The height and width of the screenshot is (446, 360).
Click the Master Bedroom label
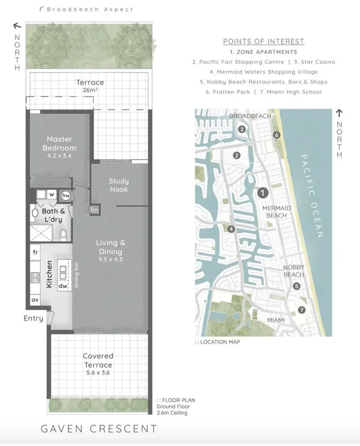click(60, 143)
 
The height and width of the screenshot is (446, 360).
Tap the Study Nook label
click(119, 185)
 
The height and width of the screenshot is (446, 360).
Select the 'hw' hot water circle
click(66, 196)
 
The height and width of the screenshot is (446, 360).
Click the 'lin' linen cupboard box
click(94, 210)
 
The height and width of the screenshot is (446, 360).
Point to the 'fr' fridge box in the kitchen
click(35, 252)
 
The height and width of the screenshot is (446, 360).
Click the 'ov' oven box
click(35, 300)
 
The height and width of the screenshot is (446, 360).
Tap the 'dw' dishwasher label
click(63, 286)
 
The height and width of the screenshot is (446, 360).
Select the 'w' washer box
click(52, 195)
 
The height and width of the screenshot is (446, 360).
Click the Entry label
click(33, 318)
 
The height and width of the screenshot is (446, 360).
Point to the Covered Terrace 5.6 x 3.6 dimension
click(98, 373)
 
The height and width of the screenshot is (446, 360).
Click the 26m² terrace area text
click(90, 90)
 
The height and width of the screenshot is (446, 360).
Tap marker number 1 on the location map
click(262, 193)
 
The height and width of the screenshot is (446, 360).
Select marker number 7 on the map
click(301, 310)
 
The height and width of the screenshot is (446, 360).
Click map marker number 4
click(231, 229)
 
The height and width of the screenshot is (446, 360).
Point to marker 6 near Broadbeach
click(276, 135)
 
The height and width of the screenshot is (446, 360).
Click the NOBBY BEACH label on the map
click(294, 271)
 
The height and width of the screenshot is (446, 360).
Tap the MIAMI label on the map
click(276, 320)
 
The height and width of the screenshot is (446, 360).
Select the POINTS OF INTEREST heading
click(264, 41)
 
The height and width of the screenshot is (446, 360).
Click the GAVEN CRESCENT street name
click(99, 429)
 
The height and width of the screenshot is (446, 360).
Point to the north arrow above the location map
click(339, 113)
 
